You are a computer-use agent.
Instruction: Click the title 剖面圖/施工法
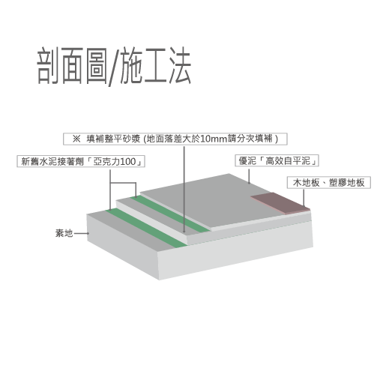(114, 66)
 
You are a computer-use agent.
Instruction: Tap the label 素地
(64, 233)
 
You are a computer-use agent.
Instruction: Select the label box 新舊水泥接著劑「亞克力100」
(81, 161)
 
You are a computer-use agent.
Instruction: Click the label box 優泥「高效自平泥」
(277, 160)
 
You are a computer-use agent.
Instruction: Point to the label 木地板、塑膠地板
(329, 183)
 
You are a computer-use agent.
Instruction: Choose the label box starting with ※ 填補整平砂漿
(175, 139)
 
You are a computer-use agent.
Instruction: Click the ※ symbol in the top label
(76, 139)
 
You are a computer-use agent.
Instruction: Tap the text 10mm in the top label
(214, 139)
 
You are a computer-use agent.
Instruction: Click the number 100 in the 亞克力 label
(127, 162)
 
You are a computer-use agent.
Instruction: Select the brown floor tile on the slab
(280, 202)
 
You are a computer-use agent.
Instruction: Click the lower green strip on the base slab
(146, 227)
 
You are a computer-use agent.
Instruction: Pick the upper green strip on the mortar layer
(170, 214)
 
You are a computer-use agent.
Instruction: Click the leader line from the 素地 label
(82, 233)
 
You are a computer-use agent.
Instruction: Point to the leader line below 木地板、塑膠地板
(304, 198)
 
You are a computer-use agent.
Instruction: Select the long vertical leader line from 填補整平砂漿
(184, 189)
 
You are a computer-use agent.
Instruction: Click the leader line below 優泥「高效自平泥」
(249, 176)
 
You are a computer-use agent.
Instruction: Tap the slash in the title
(114, 67)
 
